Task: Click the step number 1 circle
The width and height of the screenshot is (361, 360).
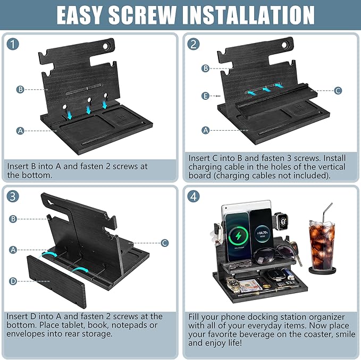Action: (13, 44)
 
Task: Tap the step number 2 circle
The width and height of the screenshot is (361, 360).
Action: (194, 44)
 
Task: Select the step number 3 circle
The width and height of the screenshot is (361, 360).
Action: (13, 196)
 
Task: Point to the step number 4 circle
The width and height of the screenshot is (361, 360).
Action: (194, 196)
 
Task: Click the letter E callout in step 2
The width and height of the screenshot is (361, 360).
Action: (205, 96)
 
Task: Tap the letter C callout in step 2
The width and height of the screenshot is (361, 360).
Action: (338, 90)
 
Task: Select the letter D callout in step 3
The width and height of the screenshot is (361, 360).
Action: (13, 281)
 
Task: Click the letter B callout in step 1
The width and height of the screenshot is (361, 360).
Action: (20, 89)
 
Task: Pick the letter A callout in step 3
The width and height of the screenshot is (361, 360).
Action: (13, 250)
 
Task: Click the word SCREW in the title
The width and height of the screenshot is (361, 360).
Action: (142, 15)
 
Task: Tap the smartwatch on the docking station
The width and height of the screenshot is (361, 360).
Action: (282, 221)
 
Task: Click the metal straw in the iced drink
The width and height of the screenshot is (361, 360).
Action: (328, 212)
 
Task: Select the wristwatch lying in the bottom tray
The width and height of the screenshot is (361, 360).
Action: (233, 285)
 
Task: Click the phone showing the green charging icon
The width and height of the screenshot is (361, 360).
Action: (238, 237)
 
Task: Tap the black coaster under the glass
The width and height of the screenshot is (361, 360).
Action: (322, 270)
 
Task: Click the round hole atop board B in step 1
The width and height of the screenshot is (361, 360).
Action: (105, 46)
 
